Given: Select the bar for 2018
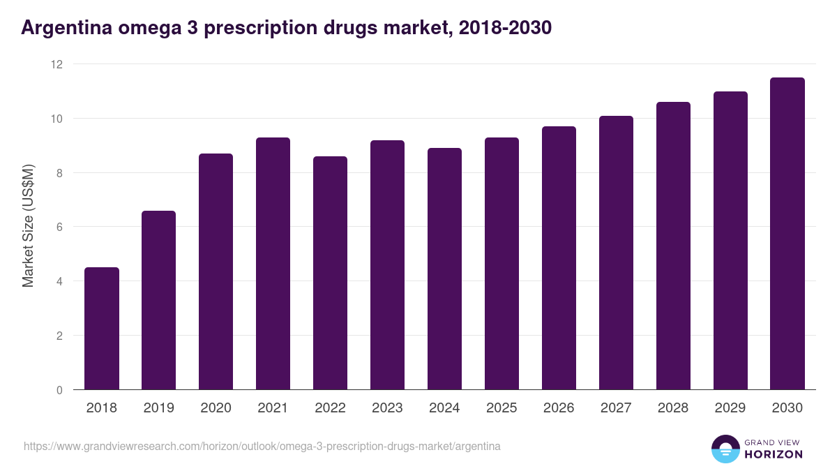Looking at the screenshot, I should [102, 329].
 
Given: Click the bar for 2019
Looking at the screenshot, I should [159, 300].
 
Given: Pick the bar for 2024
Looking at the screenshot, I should [444, 269].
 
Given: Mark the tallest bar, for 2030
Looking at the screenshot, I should [787, 234].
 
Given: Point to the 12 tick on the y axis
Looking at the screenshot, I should [56, 64].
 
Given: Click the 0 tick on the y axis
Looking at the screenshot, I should [59, 390].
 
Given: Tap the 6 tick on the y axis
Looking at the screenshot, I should [59, 227].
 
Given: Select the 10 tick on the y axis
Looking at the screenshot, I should [56, 119].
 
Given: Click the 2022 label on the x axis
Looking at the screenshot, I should [330, 408].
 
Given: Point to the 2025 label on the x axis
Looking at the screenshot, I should [502, 408].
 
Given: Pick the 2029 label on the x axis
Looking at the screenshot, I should [730, 408].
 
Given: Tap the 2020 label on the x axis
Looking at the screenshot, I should [216, 408].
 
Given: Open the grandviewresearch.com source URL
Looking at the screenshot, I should [262, 446].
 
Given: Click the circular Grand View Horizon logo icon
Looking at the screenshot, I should [725, 449].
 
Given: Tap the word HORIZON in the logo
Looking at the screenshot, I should [773, 454].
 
